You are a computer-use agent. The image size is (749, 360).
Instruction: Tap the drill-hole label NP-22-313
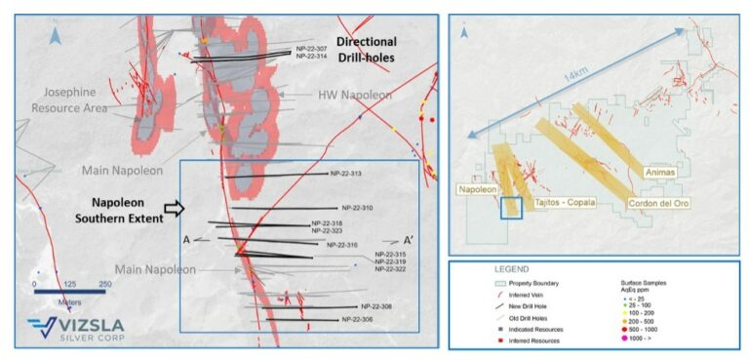(345, 175)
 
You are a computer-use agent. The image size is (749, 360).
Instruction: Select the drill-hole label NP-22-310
(358, 208)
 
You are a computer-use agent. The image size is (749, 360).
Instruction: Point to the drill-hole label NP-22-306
(358, 319)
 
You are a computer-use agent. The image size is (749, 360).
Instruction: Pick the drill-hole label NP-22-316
(341, 245)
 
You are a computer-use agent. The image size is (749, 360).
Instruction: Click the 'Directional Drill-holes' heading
(366, 50)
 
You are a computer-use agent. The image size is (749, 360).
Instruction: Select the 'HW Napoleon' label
(354, 96)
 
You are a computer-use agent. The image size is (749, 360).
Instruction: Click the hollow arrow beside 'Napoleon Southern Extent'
(173, 208)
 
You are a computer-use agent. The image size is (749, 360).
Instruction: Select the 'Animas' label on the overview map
(661, 172)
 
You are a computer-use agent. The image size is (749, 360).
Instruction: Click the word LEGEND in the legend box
(511, 268)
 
